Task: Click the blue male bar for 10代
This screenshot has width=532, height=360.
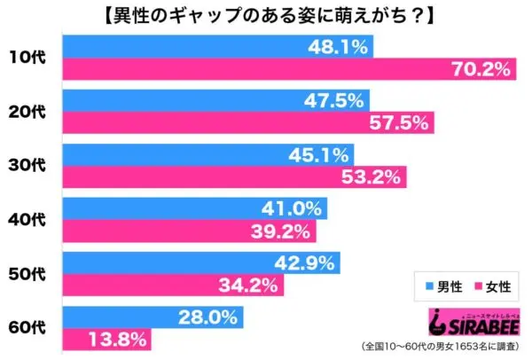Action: (x=217, y=45)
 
